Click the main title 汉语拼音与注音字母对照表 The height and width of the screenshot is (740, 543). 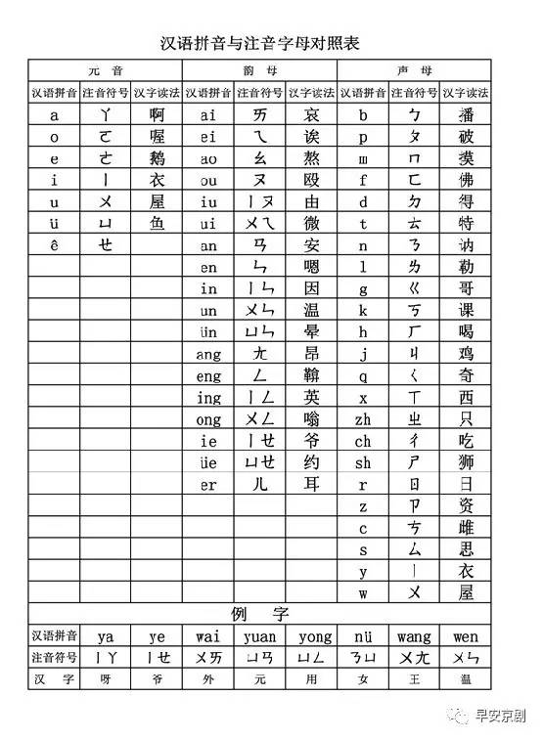pyautogui.click(x=266, y=43)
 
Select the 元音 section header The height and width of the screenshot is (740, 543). pyautogui.click(x=105, y=71)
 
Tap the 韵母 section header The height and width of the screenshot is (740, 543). pyautogui.click(x=259, y=71)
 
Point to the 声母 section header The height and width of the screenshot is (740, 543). pyautogui.click(x=414, y=71)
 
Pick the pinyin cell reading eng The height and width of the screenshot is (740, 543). pyautogui.click(x=208, y=375)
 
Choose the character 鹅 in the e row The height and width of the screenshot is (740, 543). pyautogui.click(x=157, y=158)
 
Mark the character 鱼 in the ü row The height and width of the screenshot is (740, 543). pyautogui.click(x=157, y=224)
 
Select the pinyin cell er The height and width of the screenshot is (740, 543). pyautogui.click(x=208, y=484)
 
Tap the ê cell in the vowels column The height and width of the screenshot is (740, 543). pyautogui.click(x=55, y=245)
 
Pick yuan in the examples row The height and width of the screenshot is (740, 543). pyautogui.click(x=259, y=636)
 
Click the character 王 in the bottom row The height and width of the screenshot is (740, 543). pyautogui.click(x=414, y=677)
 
